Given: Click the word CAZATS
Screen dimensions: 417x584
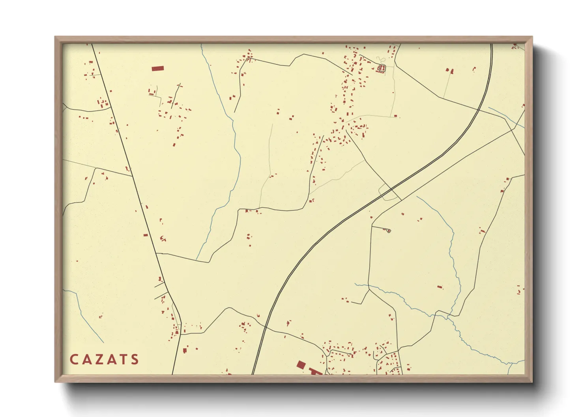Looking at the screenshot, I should pos(104,359).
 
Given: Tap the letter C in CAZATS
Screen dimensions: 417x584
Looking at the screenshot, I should pos(74,359).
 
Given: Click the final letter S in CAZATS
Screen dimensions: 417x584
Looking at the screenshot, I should pos(135,359).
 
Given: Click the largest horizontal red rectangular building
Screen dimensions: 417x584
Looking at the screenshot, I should pos(157,69).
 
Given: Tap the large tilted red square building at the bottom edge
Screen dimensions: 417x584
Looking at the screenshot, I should pos(301,365).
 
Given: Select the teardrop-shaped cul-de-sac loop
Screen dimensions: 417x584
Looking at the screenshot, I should pos(388,230).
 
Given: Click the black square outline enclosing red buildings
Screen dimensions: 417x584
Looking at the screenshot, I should pos(381,69).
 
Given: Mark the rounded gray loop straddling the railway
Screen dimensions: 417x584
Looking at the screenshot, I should pos(389,192).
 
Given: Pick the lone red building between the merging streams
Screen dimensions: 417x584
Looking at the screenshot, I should pos(440,287).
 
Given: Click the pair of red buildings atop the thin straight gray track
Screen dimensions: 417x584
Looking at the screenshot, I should pos(449,71).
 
